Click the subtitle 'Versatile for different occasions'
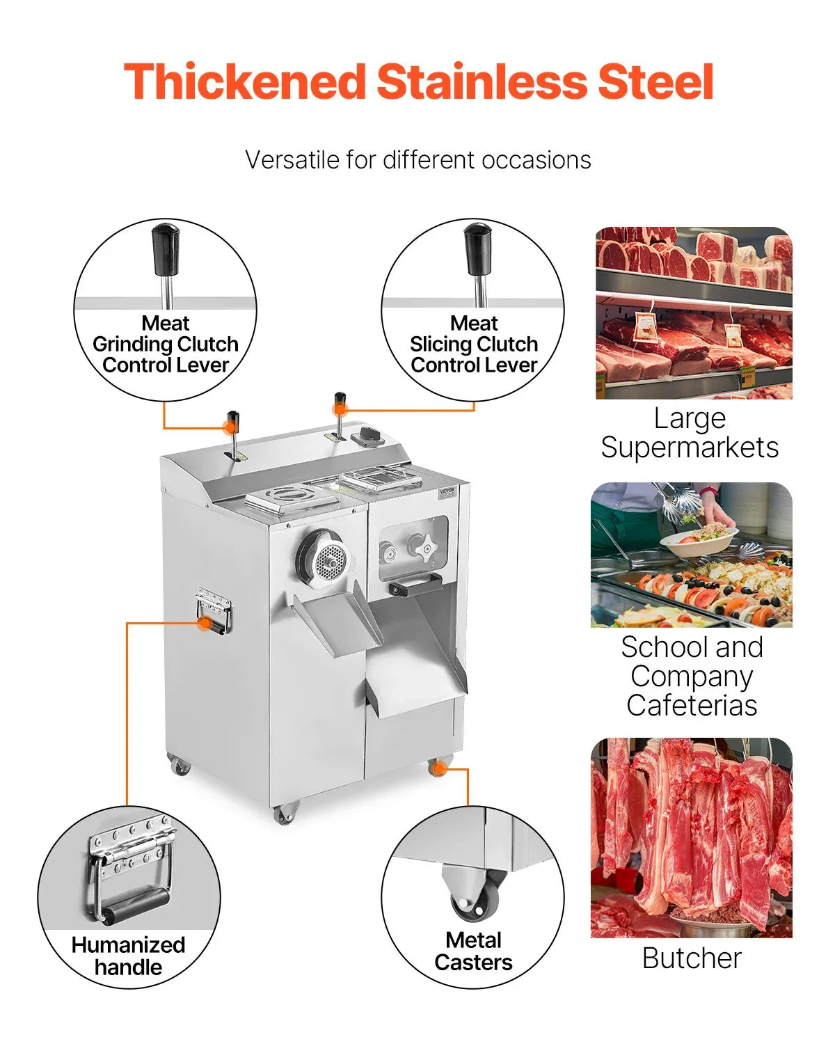click(417, 160)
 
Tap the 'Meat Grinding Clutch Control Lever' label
click(166, 344)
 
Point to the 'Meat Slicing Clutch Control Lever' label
click(474, 344)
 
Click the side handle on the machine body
click(213, 611)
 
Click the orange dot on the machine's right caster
click(438, 768)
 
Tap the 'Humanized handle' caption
click(128, 956)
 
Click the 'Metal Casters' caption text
click(473, 951)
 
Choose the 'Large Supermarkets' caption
click(690, 432)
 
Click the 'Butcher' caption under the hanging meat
click(692, 958)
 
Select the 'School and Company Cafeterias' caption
click(692, 676)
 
